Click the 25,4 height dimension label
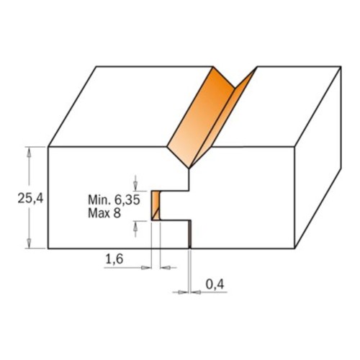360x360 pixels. pyautogui.click(x=30, y=199)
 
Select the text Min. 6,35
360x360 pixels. pyautogui.click(x=114, y=199)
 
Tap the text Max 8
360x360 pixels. pyautogui.click(x=104, y=213)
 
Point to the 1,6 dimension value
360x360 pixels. pyautogui.click(x=114, y=259)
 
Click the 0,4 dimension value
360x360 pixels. pyautogui.click(x=215, y=284)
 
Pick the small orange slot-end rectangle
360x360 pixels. pyautogui.click(x=156, y=205)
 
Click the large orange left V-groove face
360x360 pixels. pyautogui.click(x=200, y=117)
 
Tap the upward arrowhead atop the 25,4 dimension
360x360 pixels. pyautogui.click(x=29, y=152)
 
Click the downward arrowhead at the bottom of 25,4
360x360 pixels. pyautogui.click(x=29, y=243)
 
